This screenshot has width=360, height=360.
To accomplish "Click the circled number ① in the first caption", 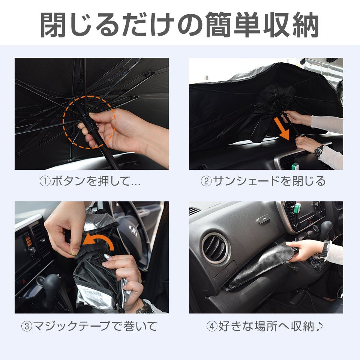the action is coord(45,181).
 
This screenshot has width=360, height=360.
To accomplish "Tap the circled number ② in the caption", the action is coord(206,181).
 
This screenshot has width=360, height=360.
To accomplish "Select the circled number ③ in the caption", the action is coord(27,326).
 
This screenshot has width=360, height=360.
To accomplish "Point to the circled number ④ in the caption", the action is coord(211,326).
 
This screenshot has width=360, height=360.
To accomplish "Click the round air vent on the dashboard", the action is coord(215,248).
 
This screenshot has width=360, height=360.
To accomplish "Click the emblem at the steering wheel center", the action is coord(133,230).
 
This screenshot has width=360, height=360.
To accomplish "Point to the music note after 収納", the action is coord(319,326).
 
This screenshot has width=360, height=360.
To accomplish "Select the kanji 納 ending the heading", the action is coord(305,25).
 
